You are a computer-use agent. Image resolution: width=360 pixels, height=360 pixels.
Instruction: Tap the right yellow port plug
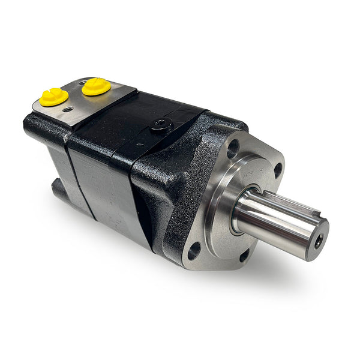96,86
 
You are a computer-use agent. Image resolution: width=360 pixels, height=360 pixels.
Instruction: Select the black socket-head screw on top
161,125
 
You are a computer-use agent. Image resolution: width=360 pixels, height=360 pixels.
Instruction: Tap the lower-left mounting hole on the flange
194,250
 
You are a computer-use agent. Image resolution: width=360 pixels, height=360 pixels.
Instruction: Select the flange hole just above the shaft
277,170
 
